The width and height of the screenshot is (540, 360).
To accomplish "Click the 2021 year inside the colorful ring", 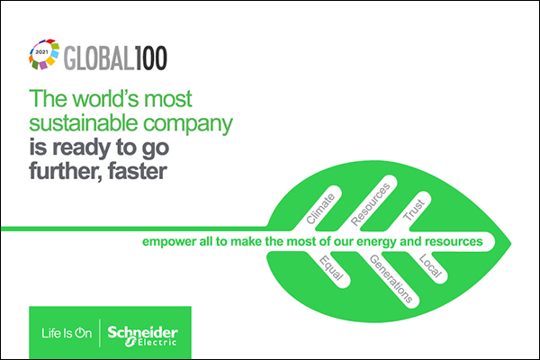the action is click(41, 52).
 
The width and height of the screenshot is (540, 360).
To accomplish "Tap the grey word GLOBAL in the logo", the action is click(99, 58).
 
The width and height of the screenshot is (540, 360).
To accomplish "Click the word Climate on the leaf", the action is click(320, 209).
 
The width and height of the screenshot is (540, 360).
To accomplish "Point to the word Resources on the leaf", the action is click(371, 204).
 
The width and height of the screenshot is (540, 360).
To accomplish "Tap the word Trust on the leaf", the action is click(414, 210).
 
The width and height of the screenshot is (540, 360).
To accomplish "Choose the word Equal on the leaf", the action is click(331, 268).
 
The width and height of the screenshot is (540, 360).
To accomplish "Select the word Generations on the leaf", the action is click(391, 279).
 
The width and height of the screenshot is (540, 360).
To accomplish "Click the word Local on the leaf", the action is click(430, 266).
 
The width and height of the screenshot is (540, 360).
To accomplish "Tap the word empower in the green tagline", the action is click(169, 242).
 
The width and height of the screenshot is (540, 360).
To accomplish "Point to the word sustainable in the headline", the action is click(84, 123).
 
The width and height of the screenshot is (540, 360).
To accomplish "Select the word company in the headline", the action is click(188, 124).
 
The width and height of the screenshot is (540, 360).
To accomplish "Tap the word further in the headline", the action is click(66, 171).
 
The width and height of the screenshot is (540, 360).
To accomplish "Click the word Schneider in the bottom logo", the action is click(142, 332).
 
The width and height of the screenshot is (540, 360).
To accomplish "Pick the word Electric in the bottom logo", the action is click(157, 342).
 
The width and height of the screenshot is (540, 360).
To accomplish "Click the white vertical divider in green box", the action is click(100, 333).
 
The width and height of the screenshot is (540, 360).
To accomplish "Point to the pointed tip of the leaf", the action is click(511, 243).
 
